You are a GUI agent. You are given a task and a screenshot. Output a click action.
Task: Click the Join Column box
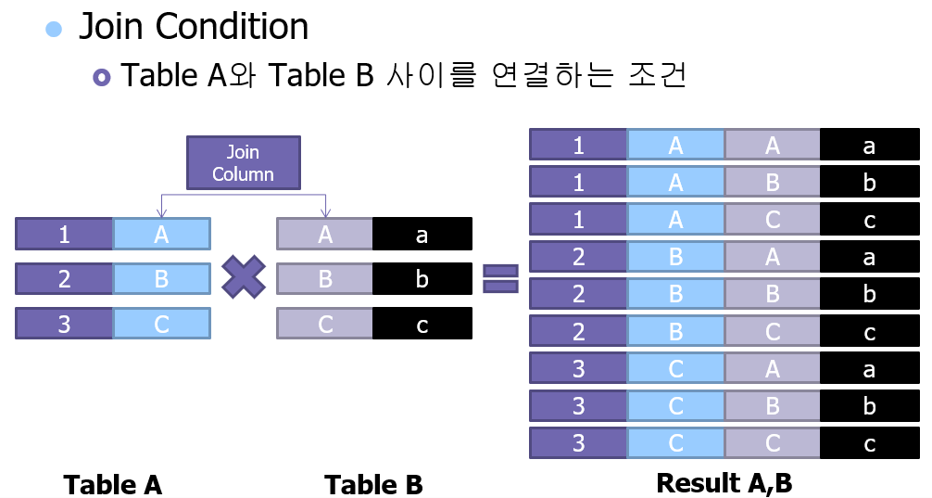click(243, 163)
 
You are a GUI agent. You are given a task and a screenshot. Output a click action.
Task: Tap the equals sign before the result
click(500, 278)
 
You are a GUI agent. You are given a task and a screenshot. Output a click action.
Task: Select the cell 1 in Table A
click(64, 235)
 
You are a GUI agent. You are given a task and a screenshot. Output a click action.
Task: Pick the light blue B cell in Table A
click(162, 278)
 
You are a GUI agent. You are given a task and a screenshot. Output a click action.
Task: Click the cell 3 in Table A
click(64, 324)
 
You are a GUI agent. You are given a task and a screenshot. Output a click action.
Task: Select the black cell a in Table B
click(422, 235)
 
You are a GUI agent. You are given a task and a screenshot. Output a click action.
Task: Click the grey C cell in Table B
click(325, 324)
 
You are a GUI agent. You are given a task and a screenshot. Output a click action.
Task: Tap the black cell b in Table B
click(422, 278)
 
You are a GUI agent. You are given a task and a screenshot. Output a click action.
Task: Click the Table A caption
click(112, 484)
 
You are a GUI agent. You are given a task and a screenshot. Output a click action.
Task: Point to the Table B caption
click(373, 484)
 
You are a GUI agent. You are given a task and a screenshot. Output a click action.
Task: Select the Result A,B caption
click(724, 483)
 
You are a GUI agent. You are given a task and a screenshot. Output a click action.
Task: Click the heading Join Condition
click(194, 27)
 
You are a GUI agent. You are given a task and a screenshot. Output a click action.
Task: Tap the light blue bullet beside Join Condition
click(55, 29)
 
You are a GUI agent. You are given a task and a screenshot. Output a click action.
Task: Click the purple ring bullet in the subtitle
click(102, 76)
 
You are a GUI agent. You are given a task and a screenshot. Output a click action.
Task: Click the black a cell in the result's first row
click(869, 146)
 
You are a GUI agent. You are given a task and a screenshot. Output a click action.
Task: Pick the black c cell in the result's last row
click(869, 443)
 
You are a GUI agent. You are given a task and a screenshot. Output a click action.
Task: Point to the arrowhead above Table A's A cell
click(161, 212)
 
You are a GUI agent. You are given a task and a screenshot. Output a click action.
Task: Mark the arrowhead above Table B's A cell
click(325, 212)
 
